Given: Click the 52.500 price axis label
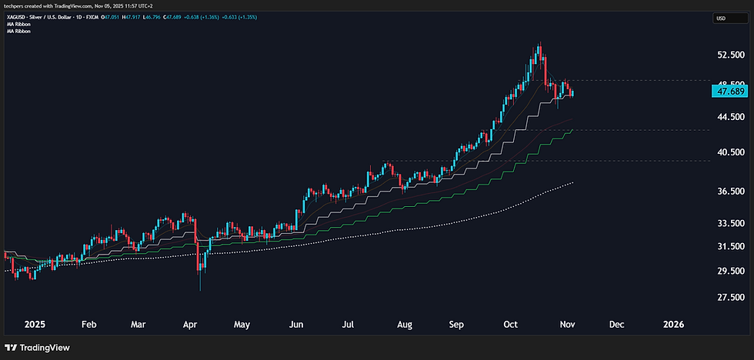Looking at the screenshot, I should (729, 55).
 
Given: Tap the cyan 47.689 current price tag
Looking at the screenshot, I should (729, 91).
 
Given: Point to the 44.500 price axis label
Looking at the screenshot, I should (729, 117).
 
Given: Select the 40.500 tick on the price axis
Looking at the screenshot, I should (729, 152).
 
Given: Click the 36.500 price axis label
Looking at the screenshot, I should (729, 191).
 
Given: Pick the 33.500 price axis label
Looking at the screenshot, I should (729, 224).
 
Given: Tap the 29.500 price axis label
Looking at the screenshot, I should (729, 272).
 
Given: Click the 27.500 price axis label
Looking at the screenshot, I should (729, 298).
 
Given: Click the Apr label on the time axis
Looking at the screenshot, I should (191, 324).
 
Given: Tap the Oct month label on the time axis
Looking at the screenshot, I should (510, 324).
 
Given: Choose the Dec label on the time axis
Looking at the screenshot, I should (616, 324).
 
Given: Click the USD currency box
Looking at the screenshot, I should (721, 18).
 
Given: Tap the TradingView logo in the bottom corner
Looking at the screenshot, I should (38, 348).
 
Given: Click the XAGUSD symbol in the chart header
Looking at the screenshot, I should (16, 18).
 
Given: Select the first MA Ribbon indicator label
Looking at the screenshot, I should (18, 25).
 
